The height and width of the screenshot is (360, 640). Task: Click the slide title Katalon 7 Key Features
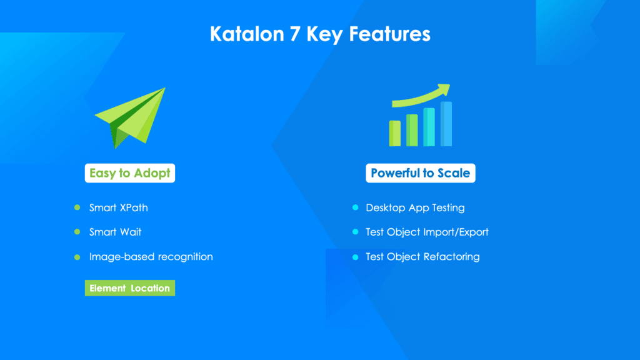[320, 34]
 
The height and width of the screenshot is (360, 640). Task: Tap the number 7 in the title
[295, 34]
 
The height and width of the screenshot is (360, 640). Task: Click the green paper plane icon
[130, 117]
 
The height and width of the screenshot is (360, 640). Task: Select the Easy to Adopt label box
[130, 173]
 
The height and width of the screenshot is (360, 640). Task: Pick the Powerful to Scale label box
[421, 173]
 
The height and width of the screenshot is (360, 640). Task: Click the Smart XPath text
[118, 207]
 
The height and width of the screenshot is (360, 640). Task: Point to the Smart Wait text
[115, 232]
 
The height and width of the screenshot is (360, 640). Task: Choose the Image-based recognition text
[151, 257]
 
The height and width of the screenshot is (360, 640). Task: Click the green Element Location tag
[130, 288]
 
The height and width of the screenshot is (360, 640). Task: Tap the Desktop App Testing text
[415, 207]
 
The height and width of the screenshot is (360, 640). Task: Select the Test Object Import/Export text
[427, 232]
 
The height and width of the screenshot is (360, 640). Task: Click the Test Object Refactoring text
[422, 257]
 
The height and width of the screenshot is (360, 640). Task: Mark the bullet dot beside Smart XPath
[77, 207]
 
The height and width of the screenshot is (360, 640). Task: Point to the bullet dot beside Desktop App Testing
[355, 207]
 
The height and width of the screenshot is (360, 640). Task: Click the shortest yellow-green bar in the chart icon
[395, 133]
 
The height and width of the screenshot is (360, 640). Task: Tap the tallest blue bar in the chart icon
[446, 124]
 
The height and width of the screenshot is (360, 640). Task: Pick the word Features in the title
[389, 34]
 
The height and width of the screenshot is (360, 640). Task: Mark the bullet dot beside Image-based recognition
[77, 257]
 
